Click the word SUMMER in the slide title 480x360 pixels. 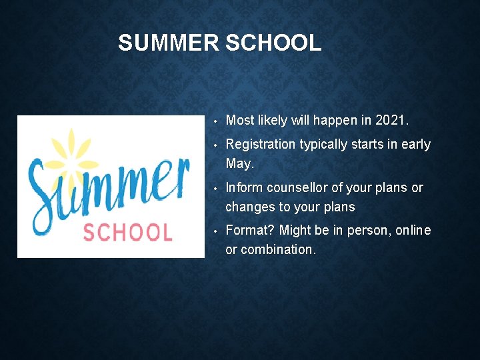click(168, 43)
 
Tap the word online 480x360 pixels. click(413, 231)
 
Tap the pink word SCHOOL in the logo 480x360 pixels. click(127, 232)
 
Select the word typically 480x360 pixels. click(323, 145)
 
